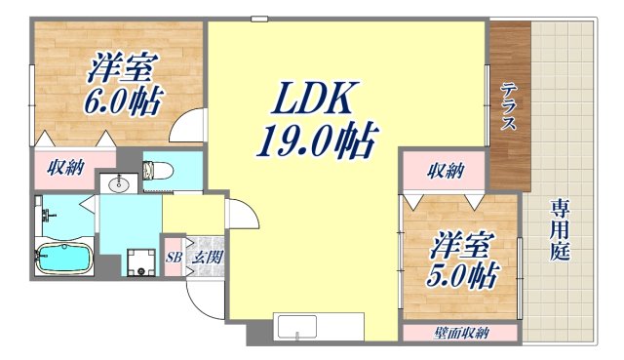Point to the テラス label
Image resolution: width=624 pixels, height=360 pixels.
(509, 106)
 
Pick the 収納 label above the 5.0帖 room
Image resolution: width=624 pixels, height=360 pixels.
(446, 172)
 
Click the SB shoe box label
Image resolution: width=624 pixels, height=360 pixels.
(173, 257)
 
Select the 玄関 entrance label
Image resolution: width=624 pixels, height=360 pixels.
(205, 257)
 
